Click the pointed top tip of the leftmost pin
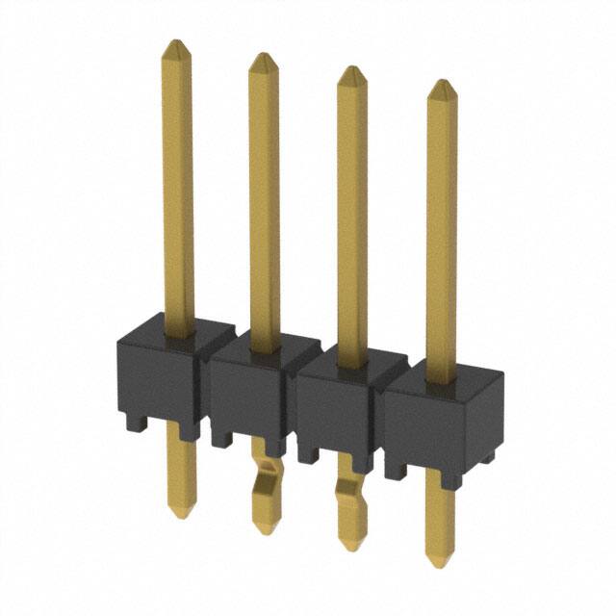(x=175, y=42)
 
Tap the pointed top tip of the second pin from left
(x=263, y=56)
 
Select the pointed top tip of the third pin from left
(x=351, y=68)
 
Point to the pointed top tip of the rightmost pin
(x=441, y=83)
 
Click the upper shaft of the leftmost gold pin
(x=176, y=192)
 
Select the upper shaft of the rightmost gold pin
(x=441, y=231)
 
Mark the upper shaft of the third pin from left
(x=351, y=217)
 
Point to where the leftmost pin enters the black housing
(x=177, y=332)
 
